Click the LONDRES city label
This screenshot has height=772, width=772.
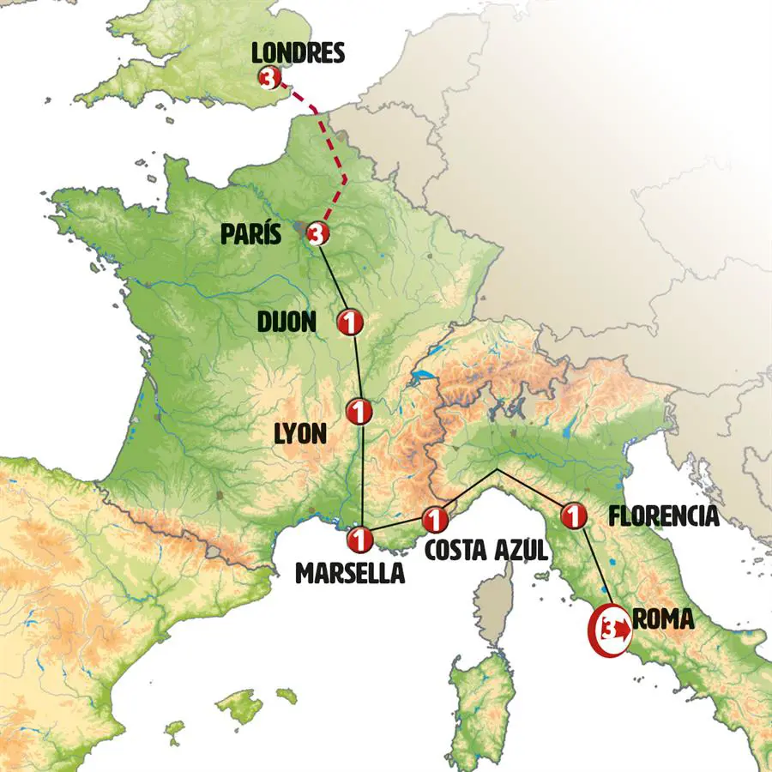pos(298,53)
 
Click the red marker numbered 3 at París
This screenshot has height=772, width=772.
pos(317,232)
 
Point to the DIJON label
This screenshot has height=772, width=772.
pos(287,322)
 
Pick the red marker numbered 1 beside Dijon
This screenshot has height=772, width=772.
pos(352,322)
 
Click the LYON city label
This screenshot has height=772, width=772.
pos(299,434)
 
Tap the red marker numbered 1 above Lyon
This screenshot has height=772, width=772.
pos(359,412)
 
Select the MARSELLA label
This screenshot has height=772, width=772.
pos(350,573)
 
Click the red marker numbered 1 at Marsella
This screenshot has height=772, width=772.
pos(359,540)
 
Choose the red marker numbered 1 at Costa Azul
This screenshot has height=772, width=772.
pos(435,519)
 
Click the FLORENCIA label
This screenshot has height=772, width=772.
pos(663,516)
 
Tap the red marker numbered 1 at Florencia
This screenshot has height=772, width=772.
pos(573,516)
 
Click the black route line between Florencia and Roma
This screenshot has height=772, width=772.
pos(595,566)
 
